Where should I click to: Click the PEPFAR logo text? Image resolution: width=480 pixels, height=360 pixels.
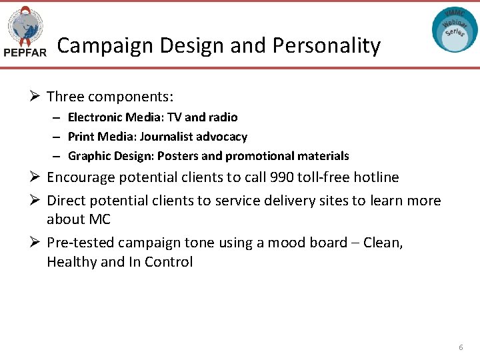tap(25, 53)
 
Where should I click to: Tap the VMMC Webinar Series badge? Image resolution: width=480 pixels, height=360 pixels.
tap(455, 30)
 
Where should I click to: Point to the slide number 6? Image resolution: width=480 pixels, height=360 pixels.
tap(460, 348)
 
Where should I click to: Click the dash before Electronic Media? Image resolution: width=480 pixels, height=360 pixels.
tap(58, 117)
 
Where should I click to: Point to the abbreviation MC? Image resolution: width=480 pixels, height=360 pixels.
tap(99, 219)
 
